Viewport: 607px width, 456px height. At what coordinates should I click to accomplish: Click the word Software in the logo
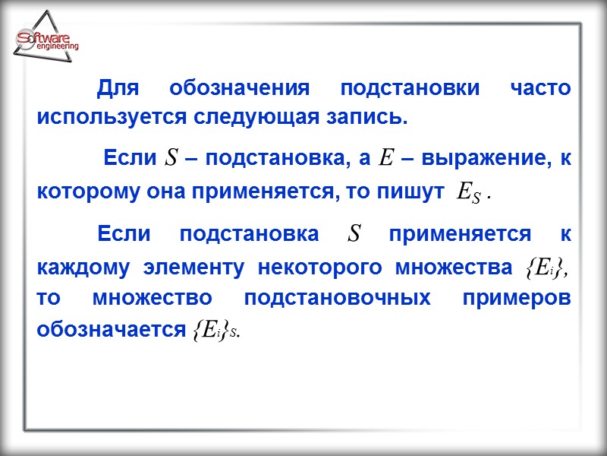click(x=43, y=38)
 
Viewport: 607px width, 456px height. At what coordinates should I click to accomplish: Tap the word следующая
click(x=265, y=119)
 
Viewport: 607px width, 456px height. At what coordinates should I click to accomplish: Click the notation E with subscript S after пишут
click(x=466, y=193)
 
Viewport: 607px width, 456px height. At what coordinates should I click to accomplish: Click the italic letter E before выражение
click(x=385, y=159)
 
